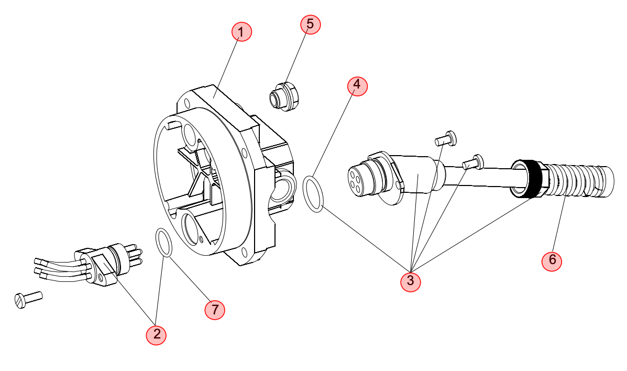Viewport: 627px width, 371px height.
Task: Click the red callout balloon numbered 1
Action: pos(242,31)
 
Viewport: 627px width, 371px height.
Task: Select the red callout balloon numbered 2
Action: pos(156,334)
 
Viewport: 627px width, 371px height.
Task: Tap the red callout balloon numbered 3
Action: pos(411,281)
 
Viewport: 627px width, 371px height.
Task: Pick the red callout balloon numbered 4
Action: pos(357,85)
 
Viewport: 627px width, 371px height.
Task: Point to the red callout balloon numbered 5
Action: pos(311,24)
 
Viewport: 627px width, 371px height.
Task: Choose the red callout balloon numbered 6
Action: pos(552,260)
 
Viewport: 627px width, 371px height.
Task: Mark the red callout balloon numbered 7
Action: pos(215,310)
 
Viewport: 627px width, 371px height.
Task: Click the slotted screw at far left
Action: pos(28,299)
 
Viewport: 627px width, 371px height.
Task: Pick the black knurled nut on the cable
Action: pos(529,179)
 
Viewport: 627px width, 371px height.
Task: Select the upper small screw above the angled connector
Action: pos(446,138)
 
